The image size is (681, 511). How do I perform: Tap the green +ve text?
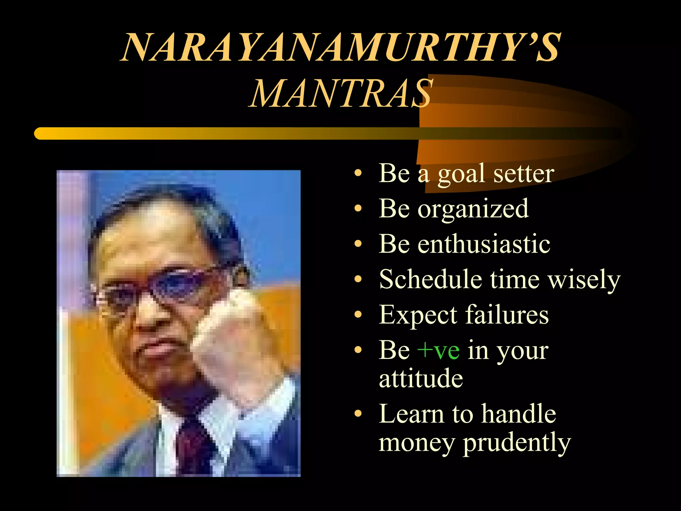[x=439, y=351]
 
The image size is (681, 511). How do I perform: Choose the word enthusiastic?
[x=484, y=244]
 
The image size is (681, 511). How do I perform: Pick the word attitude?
[x=421, y=379]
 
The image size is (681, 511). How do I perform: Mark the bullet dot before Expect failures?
[x=358, y=314]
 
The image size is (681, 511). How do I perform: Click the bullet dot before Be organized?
[x=358, y=209]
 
